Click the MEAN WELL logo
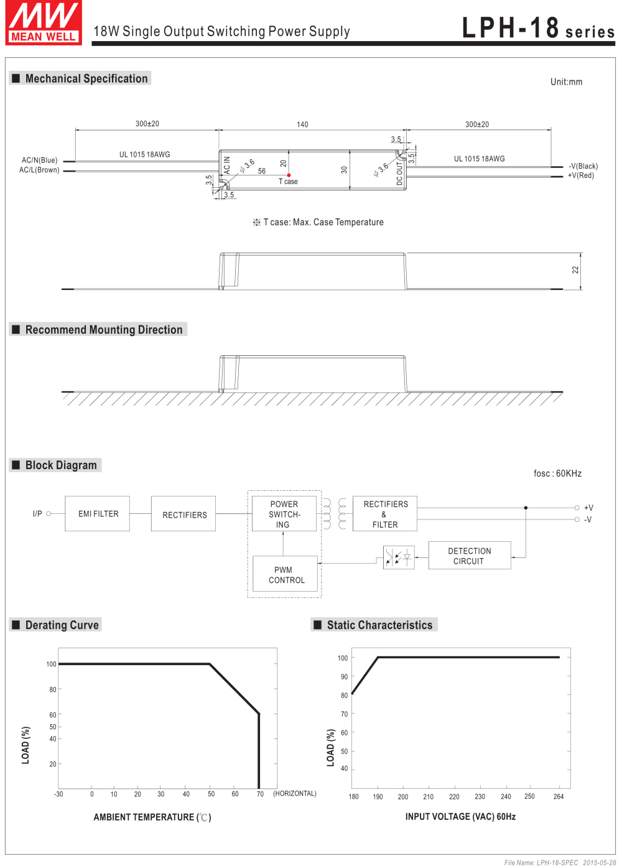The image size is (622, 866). point(44,22)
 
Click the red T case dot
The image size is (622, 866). point(289,175)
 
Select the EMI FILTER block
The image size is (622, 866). point(98,513)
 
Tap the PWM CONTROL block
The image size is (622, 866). point(285,574)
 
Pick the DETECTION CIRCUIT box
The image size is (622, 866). point(470,556)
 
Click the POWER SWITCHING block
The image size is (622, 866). point(284,514)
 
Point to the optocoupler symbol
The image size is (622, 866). point(399,557)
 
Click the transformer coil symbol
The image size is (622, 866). point(335,513)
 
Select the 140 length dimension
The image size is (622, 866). point(302,124)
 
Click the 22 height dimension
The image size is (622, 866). point(575,270)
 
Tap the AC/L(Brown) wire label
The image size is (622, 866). point(39,170)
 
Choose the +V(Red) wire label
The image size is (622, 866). point(580,175)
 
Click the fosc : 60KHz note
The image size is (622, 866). point(557,473)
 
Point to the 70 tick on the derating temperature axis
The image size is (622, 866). point(260,794)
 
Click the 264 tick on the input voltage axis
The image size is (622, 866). point(558,796)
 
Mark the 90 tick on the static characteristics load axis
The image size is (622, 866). point(344,677)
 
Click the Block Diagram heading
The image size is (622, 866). point(61,465)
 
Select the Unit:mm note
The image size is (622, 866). point(567,82)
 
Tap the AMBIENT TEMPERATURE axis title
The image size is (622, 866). point(152,817)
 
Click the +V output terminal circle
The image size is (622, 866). point(577,508)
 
